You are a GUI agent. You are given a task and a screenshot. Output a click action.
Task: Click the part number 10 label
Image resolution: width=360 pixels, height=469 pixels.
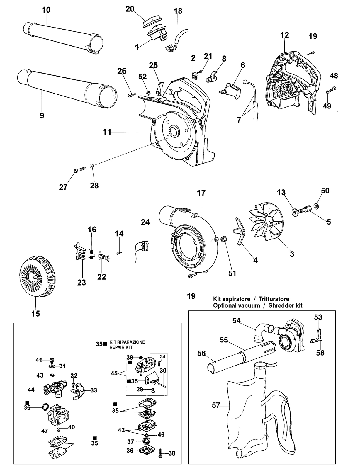point(46,10)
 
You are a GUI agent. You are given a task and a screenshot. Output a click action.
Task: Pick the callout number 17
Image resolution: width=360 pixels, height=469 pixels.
point(201,193)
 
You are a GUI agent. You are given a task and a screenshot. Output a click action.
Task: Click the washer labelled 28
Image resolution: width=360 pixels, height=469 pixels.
point(91,166)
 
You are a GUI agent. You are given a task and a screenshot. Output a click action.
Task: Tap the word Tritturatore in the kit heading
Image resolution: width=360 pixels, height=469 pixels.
point(274,299)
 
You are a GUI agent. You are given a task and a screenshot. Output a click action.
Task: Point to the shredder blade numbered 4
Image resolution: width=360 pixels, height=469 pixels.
point(239,232)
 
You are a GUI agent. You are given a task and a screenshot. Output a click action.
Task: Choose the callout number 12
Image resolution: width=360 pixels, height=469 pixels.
point(284,35)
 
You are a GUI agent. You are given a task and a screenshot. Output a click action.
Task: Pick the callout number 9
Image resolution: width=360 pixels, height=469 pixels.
point(42,115)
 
